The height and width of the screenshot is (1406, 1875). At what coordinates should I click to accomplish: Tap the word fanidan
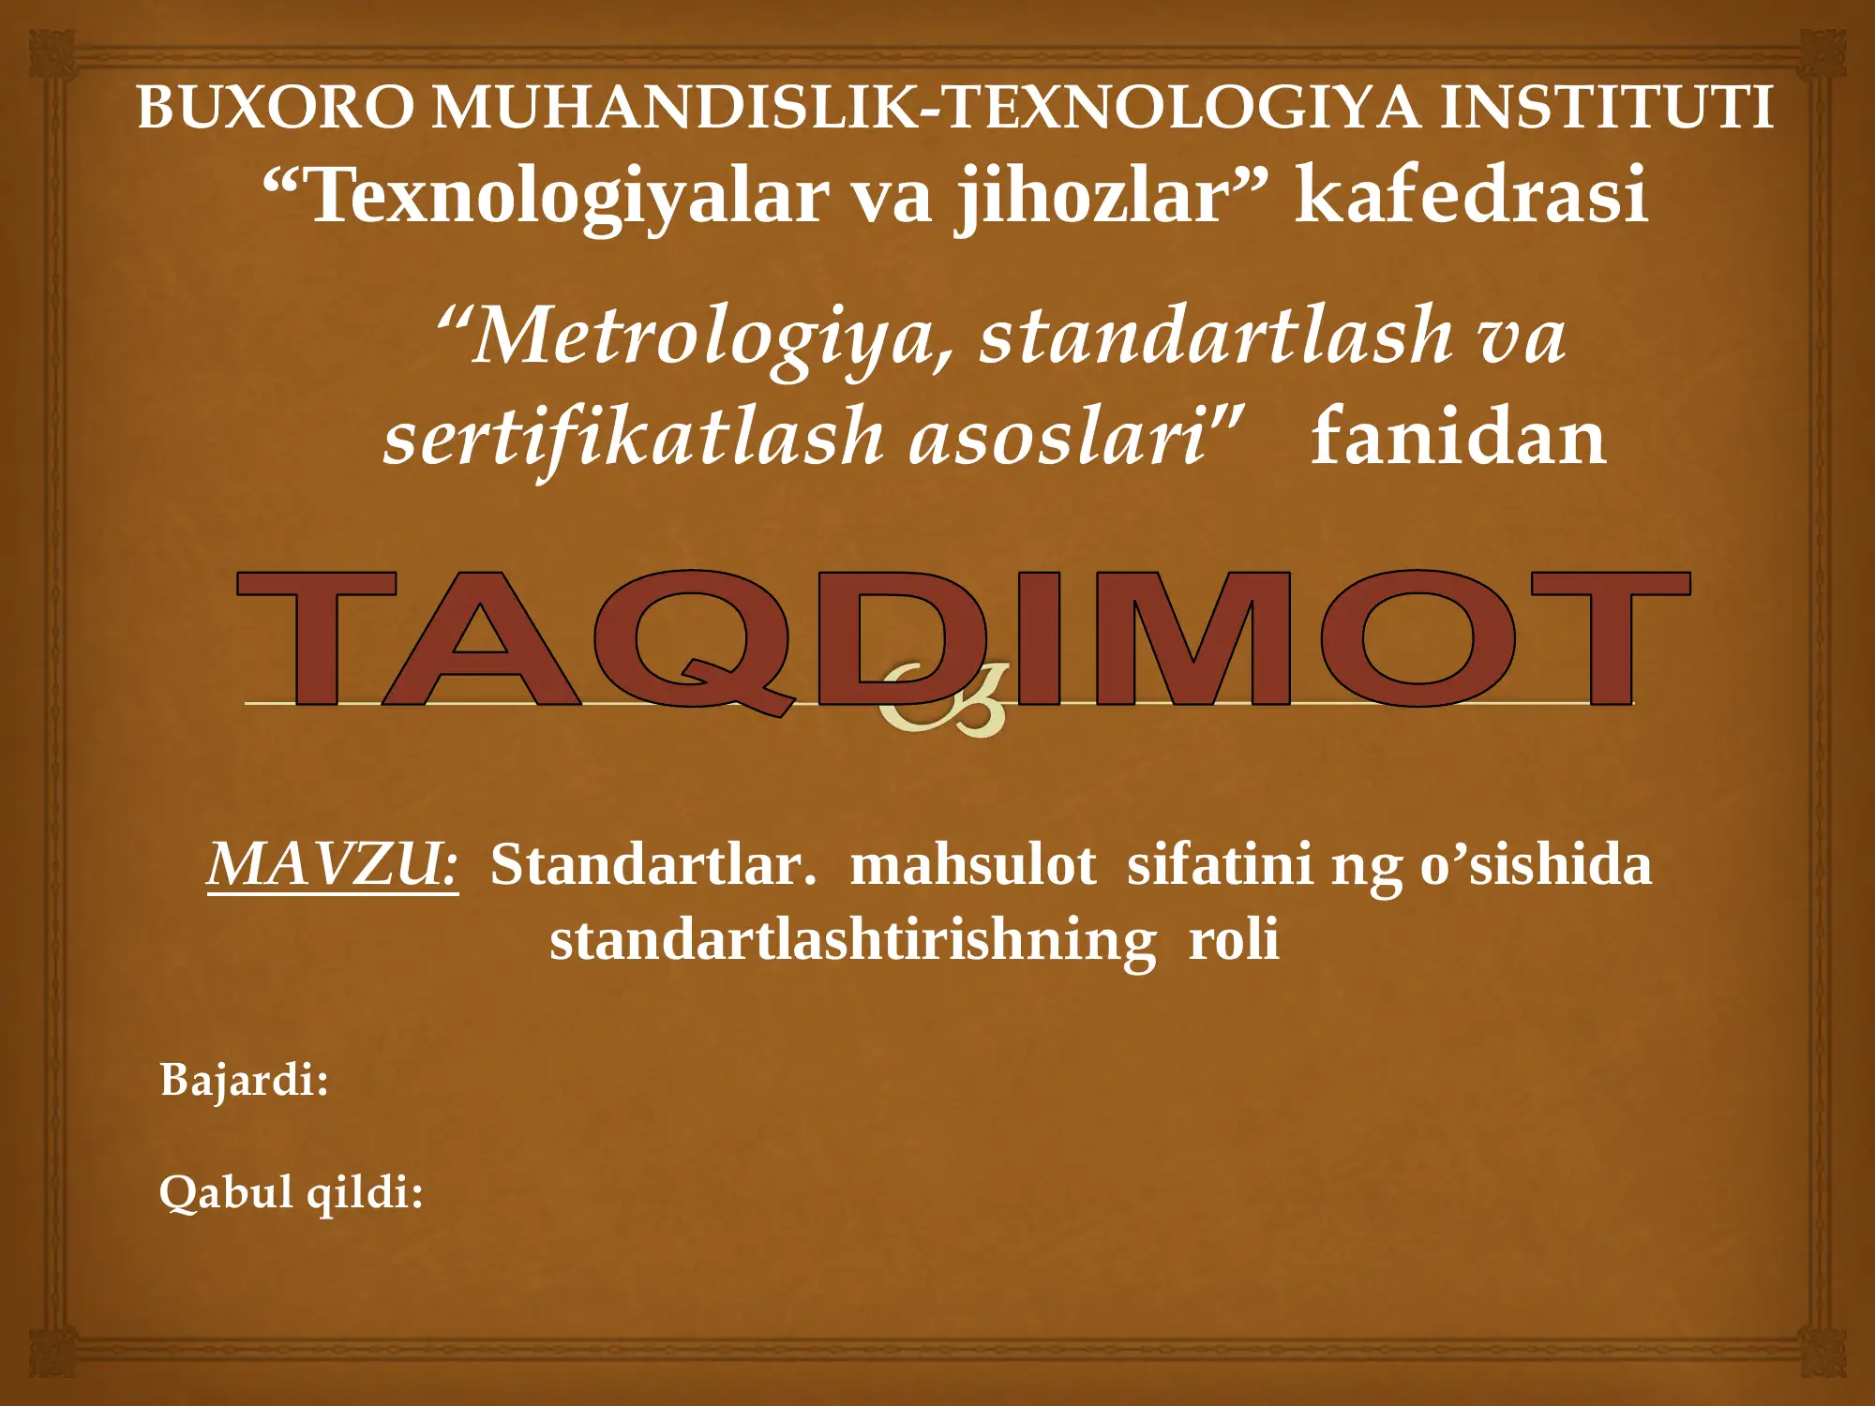click(1458, 438)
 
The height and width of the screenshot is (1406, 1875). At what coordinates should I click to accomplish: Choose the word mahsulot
click(972, 864)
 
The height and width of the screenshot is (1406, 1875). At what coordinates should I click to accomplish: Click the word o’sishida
click(1535, 864)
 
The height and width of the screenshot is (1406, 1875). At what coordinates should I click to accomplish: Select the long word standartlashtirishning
click(852, 940)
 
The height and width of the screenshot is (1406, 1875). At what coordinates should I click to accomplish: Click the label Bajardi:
click(244, 1080)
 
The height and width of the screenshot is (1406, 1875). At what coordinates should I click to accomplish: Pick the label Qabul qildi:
click(291, 1193)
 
